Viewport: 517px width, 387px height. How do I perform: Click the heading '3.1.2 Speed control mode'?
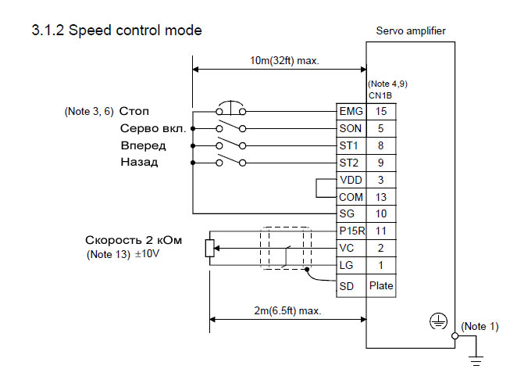(117, 31)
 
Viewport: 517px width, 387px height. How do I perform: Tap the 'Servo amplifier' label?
(411, 31)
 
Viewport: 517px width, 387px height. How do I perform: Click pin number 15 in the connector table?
(381, 111)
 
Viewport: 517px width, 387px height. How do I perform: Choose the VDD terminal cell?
(350, 180)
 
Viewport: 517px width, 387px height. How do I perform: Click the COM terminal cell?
(351, 197)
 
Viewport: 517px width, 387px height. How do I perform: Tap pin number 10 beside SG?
(381, 213)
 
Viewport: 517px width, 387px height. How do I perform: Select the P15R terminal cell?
(351, 231)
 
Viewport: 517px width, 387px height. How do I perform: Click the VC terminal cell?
(348, 248)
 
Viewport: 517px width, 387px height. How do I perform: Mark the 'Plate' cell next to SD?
(381, 285)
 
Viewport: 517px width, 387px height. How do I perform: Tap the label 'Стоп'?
(134, 111)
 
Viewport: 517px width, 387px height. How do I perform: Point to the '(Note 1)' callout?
(480, 326)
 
